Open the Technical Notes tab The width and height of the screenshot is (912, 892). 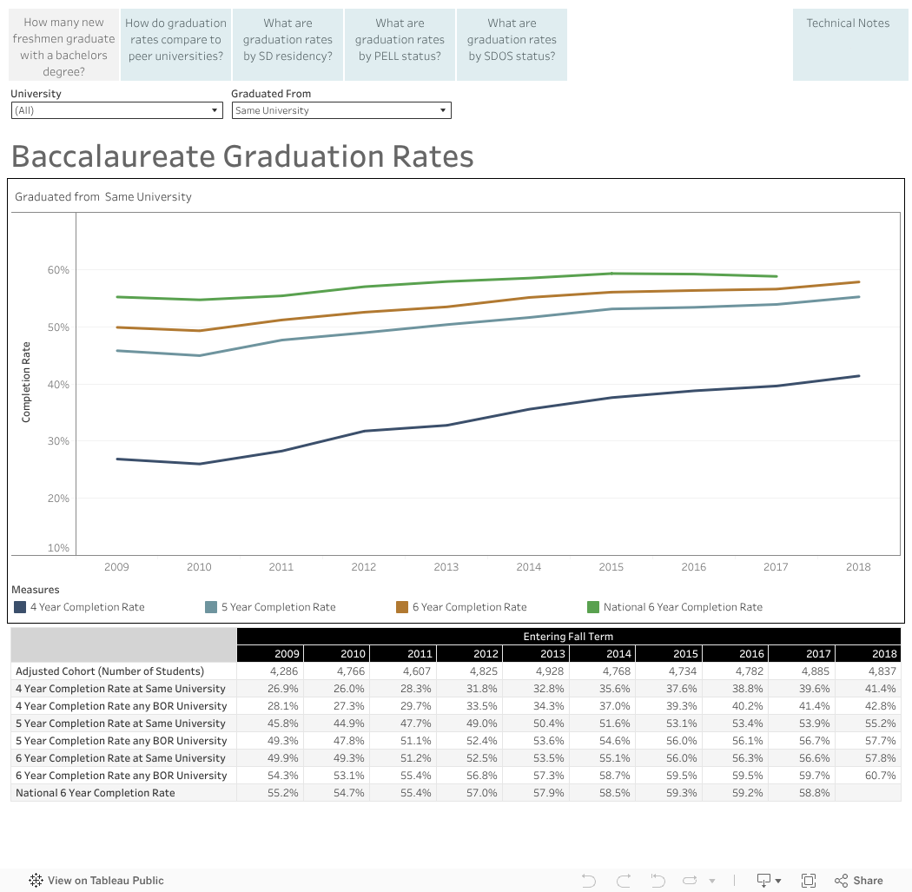[848, 23]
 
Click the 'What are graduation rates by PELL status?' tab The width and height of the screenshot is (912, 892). [400, 40]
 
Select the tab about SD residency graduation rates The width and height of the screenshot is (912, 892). [287, 40]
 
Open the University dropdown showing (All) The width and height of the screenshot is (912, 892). [117, 110]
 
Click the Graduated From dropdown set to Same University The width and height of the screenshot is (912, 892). [340, 110]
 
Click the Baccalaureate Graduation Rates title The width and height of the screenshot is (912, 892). [242, 156]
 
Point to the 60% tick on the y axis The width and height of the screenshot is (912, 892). [58, 270]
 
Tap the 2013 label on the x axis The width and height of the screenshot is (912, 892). [446, 567]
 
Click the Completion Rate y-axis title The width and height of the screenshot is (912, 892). [26, 382]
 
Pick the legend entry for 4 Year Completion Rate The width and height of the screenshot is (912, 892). [87, 607]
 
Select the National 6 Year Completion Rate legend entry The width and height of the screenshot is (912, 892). [683, 607]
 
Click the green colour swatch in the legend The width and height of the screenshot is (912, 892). [594, 607]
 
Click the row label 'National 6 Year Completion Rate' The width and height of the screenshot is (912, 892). [96, 793]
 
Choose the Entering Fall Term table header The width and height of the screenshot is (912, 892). [568, 637]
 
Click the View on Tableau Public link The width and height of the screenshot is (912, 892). [96, 880]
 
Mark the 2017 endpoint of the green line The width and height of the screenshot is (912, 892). [777, 276]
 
